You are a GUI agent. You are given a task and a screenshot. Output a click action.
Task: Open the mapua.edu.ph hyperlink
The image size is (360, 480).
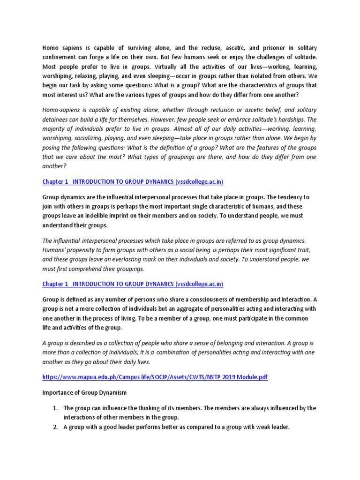(x=155, y=377)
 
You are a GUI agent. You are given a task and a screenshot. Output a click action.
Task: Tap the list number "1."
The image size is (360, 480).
(x=54, y=408)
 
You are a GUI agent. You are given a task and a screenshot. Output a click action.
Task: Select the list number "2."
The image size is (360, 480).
(x=54, y=427)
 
